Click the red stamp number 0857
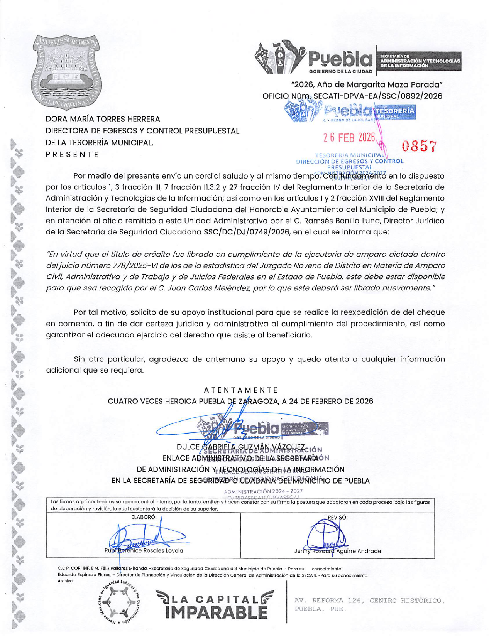point(420,146)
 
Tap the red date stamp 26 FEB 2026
point(349,137)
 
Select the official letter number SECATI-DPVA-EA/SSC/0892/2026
point(377,96)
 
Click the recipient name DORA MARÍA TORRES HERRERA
point(103,119)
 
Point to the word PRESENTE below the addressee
point(72,155)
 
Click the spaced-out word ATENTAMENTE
point(240,390)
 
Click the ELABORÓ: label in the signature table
point(144,517)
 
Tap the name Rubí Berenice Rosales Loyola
point(144,550)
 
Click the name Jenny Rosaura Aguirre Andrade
point(337,551)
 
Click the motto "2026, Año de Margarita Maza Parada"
point(367,84)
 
